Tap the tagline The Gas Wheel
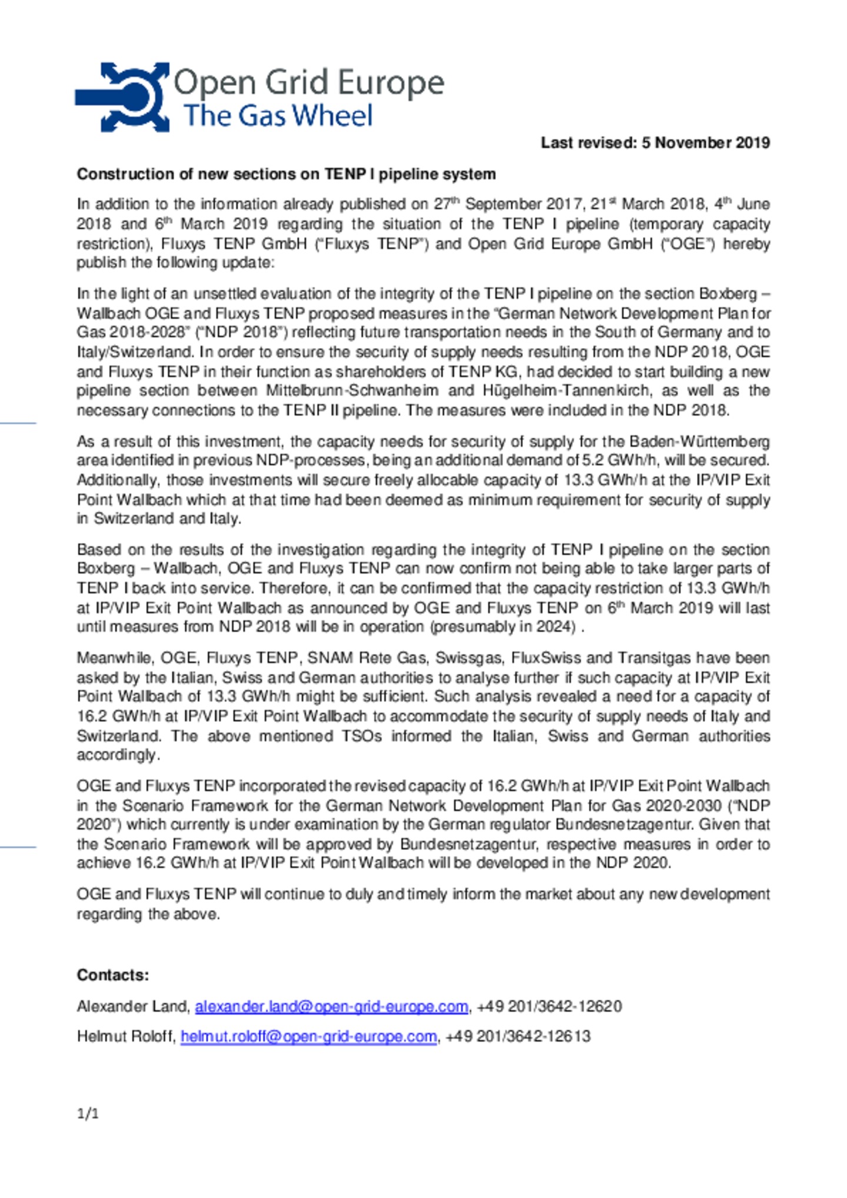(278, 116)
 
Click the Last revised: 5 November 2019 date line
(655, 143)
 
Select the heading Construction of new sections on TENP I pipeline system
(286, 174)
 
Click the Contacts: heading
(112, 975)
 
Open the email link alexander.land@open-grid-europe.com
(331, 1006)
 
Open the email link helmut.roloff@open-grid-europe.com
(308, 1036)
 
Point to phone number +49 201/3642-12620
(549, 1006)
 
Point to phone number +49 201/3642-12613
(518, 1036)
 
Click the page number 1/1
(88, 1113)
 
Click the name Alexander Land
(132, 1006)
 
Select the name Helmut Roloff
(125, 1036)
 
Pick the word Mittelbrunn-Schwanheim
(352, 391)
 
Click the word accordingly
(117, 755)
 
